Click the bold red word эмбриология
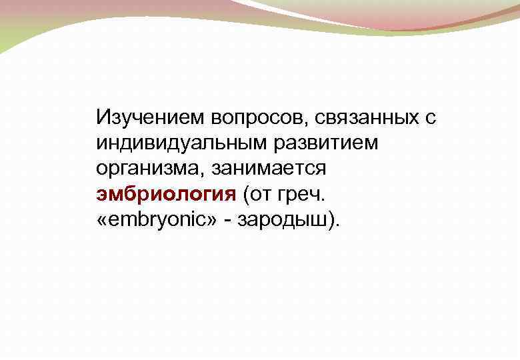[166, 194]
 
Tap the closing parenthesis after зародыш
[333, 219]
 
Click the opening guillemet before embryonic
[103, 219]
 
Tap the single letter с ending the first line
[431, 119]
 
